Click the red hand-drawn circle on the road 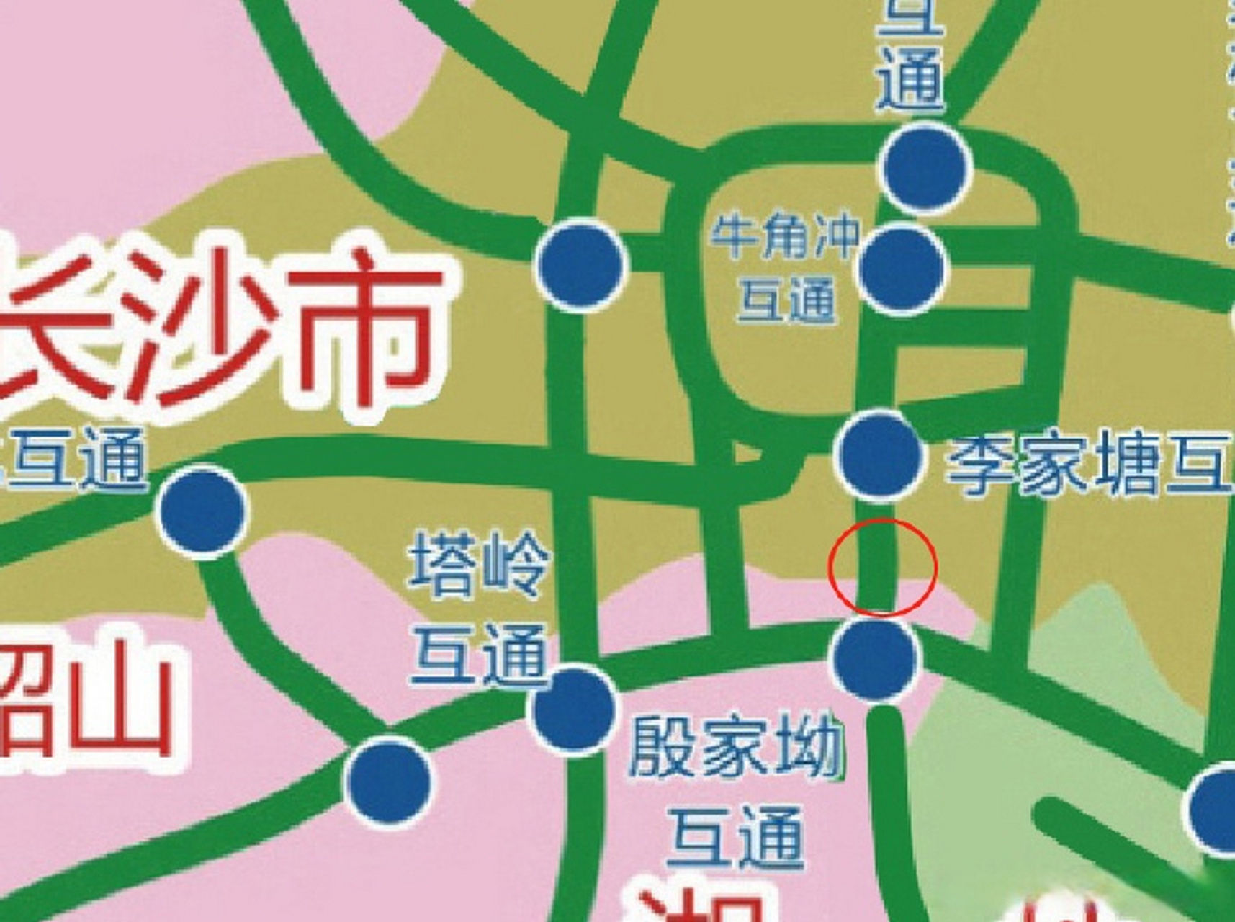point(882,567)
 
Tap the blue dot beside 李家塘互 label point(879,455)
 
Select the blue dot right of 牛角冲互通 point(902,267)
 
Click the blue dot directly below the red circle point(875,658)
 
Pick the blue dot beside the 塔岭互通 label point(573,710)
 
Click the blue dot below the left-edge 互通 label point(202,511)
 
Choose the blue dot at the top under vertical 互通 point(927,167)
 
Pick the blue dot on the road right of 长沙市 point(581,264)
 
